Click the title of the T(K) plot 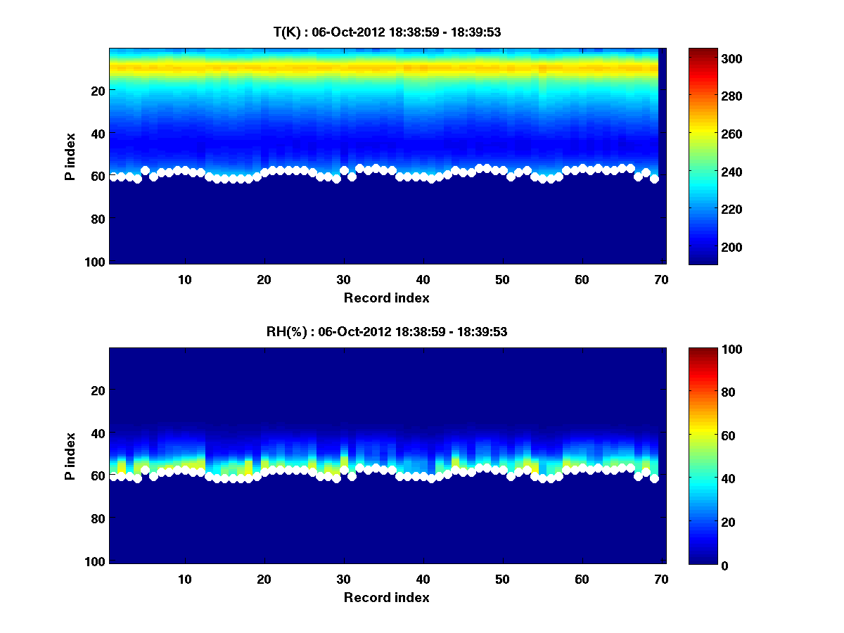pyautogui.click(x=387, y=32)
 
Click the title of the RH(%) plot pyautogui.click(x=387, y=332)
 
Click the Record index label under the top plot pyautogui.click(x=386, y=298)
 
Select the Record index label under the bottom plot pyautogui.click(x=386, y=597)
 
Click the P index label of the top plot pyautogui.click(x=70, y=156)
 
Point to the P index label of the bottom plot pyautogui.click(x=70, y=456)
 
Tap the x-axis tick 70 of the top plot pyautogui.click(x=660, y=279)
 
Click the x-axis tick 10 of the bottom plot pyautogui.click(x=184, y=579)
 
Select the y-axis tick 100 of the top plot pyautogui.click(x=97, y=262)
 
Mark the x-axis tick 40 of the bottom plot pyautogui.click(x=423, y=579)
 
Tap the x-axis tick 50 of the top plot pyautogui.click(x=502, y=279)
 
